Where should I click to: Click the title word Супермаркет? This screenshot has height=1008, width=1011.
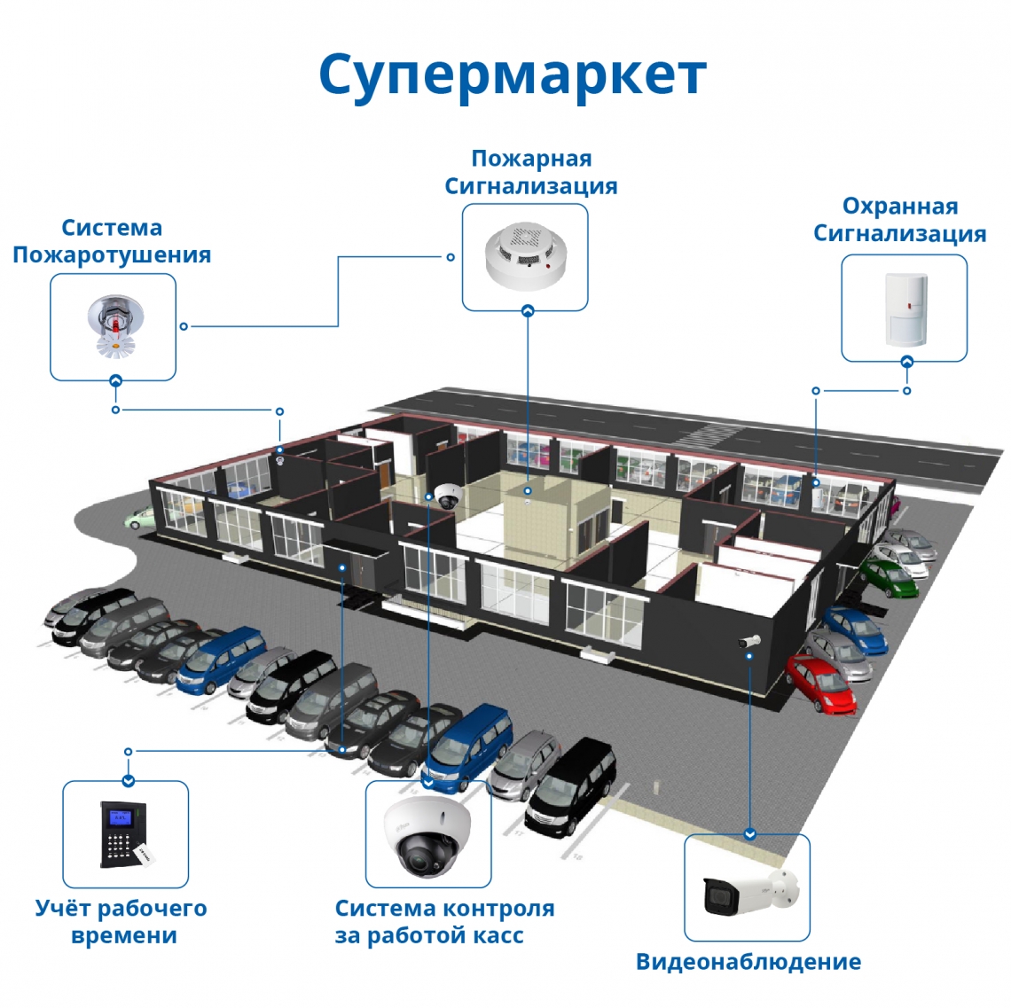tap(512, 74)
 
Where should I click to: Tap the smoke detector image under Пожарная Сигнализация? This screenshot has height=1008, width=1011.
tap(525, 256)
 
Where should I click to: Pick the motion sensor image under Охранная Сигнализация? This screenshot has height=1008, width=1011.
tap(905, 308)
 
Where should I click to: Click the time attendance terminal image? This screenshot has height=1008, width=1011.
tap(123, 834)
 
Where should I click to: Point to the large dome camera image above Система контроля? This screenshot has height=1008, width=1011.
tap(428, 835)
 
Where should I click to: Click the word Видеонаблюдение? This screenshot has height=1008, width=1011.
tap(748, 962)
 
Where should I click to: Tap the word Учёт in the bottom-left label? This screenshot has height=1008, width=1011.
tap(61, 909)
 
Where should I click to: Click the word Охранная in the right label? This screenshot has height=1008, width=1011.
tap(899, 207)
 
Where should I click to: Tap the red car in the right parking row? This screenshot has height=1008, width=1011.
tap(821, 684)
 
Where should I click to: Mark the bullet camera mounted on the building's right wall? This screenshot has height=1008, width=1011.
tap(750, 640)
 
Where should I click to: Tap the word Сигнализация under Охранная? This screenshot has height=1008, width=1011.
tap(899, 234)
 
